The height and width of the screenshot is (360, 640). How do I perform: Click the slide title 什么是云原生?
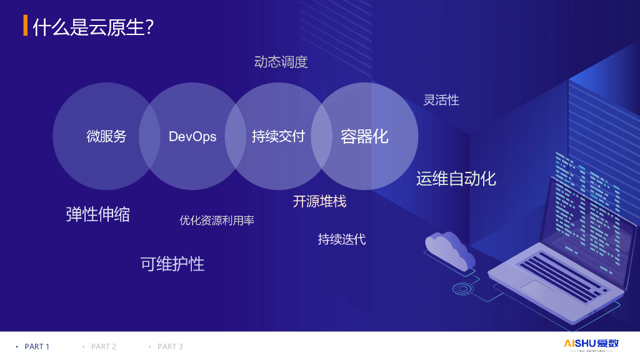93,27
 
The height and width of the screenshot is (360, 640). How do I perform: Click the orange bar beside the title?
25,26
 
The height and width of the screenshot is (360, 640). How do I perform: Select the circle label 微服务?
106,136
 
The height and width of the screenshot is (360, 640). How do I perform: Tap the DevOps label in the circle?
192,136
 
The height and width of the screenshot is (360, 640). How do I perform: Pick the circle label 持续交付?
278,136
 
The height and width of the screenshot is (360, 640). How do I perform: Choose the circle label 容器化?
364,136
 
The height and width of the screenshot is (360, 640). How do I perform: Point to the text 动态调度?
281,62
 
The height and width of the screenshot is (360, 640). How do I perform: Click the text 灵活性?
441,100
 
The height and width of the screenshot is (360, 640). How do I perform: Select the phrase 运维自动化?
456,179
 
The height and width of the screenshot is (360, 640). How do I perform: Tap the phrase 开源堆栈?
319,201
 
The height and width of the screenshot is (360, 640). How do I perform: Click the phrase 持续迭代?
341,239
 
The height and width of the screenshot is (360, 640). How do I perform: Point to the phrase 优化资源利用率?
217,221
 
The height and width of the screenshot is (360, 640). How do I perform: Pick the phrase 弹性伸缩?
98,214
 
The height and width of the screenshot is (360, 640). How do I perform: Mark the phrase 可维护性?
172,264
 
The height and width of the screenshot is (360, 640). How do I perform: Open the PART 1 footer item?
37,346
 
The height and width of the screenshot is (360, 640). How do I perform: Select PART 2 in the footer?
104,346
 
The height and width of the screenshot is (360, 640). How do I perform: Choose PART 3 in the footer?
170,346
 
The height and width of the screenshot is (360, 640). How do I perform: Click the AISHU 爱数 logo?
591,344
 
